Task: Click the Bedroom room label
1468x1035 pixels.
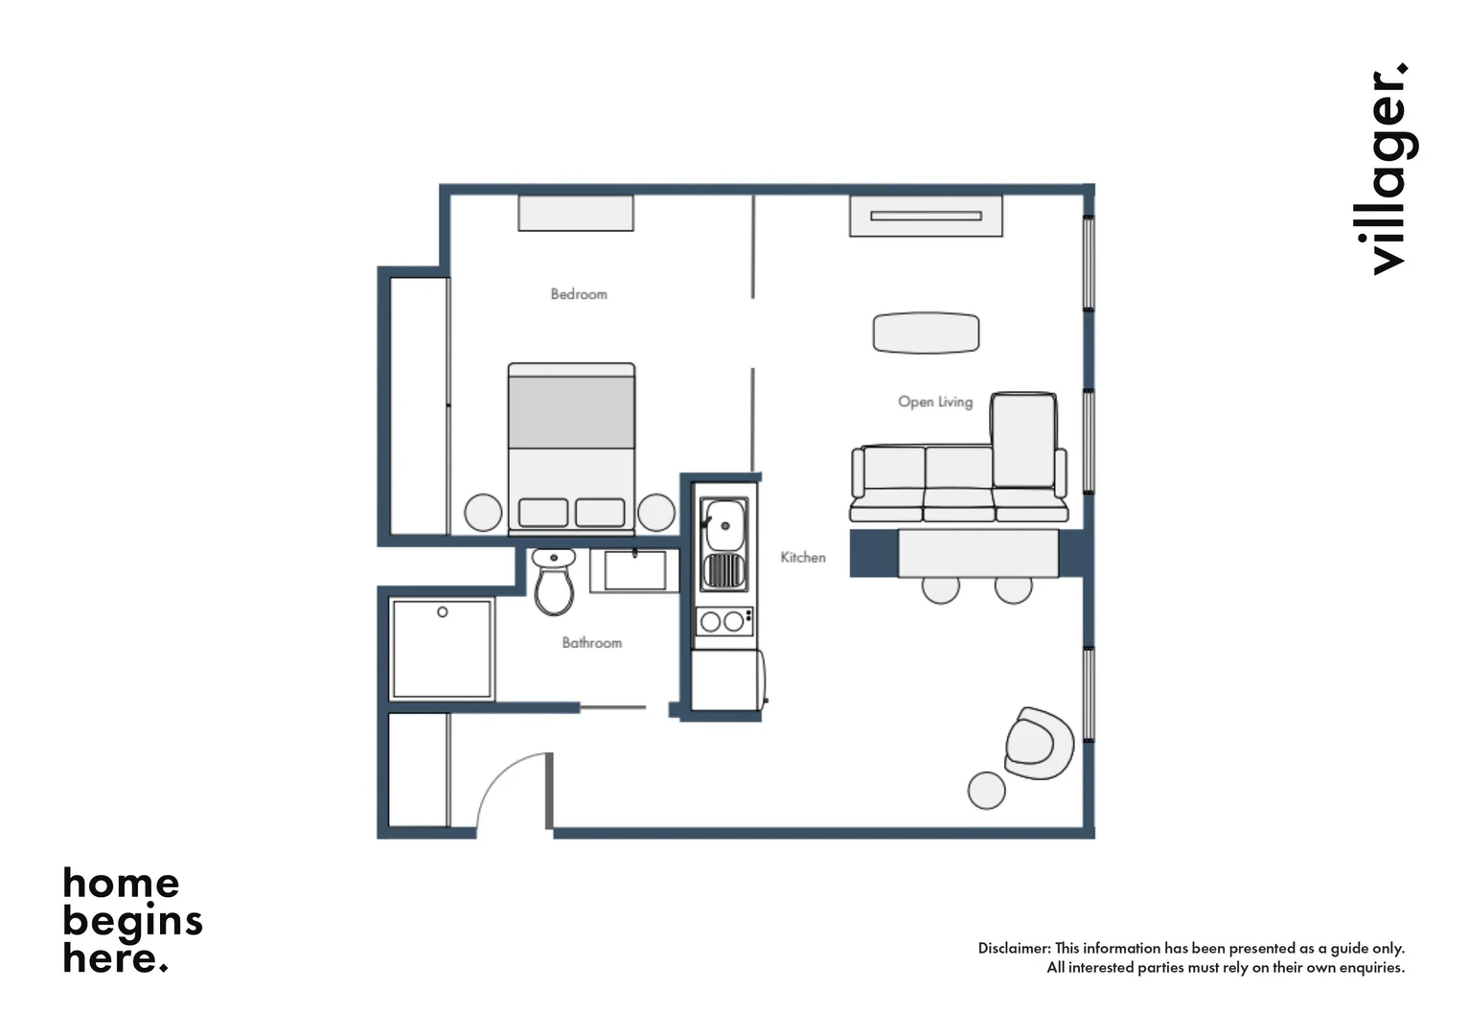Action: [579, 294]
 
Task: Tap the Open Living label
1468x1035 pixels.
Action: [934, 402]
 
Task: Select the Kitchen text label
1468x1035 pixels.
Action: [802, 557]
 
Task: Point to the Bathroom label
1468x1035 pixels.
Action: [591, 643]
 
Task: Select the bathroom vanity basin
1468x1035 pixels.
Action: [634, 570]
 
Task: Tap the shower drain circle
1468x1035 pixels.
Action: [443, 611]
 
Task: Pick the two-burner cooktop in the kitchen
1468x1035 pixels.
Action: [723, 621]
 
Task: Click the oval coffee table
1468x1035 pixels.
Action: [926, 333]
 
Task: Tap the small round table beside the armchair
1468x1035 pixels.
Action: [986, 791]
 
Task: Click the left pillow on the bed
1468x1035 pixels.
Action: [543, 513]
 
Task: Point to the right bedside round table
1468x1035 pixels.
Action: [656, 513]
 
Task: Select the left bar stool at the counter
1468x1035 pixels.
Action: [940, 588]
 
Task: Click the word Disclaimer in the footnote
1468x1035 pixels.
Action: [1013, 948]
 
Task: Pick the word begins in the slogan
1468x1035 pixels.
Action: [132, 920]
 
